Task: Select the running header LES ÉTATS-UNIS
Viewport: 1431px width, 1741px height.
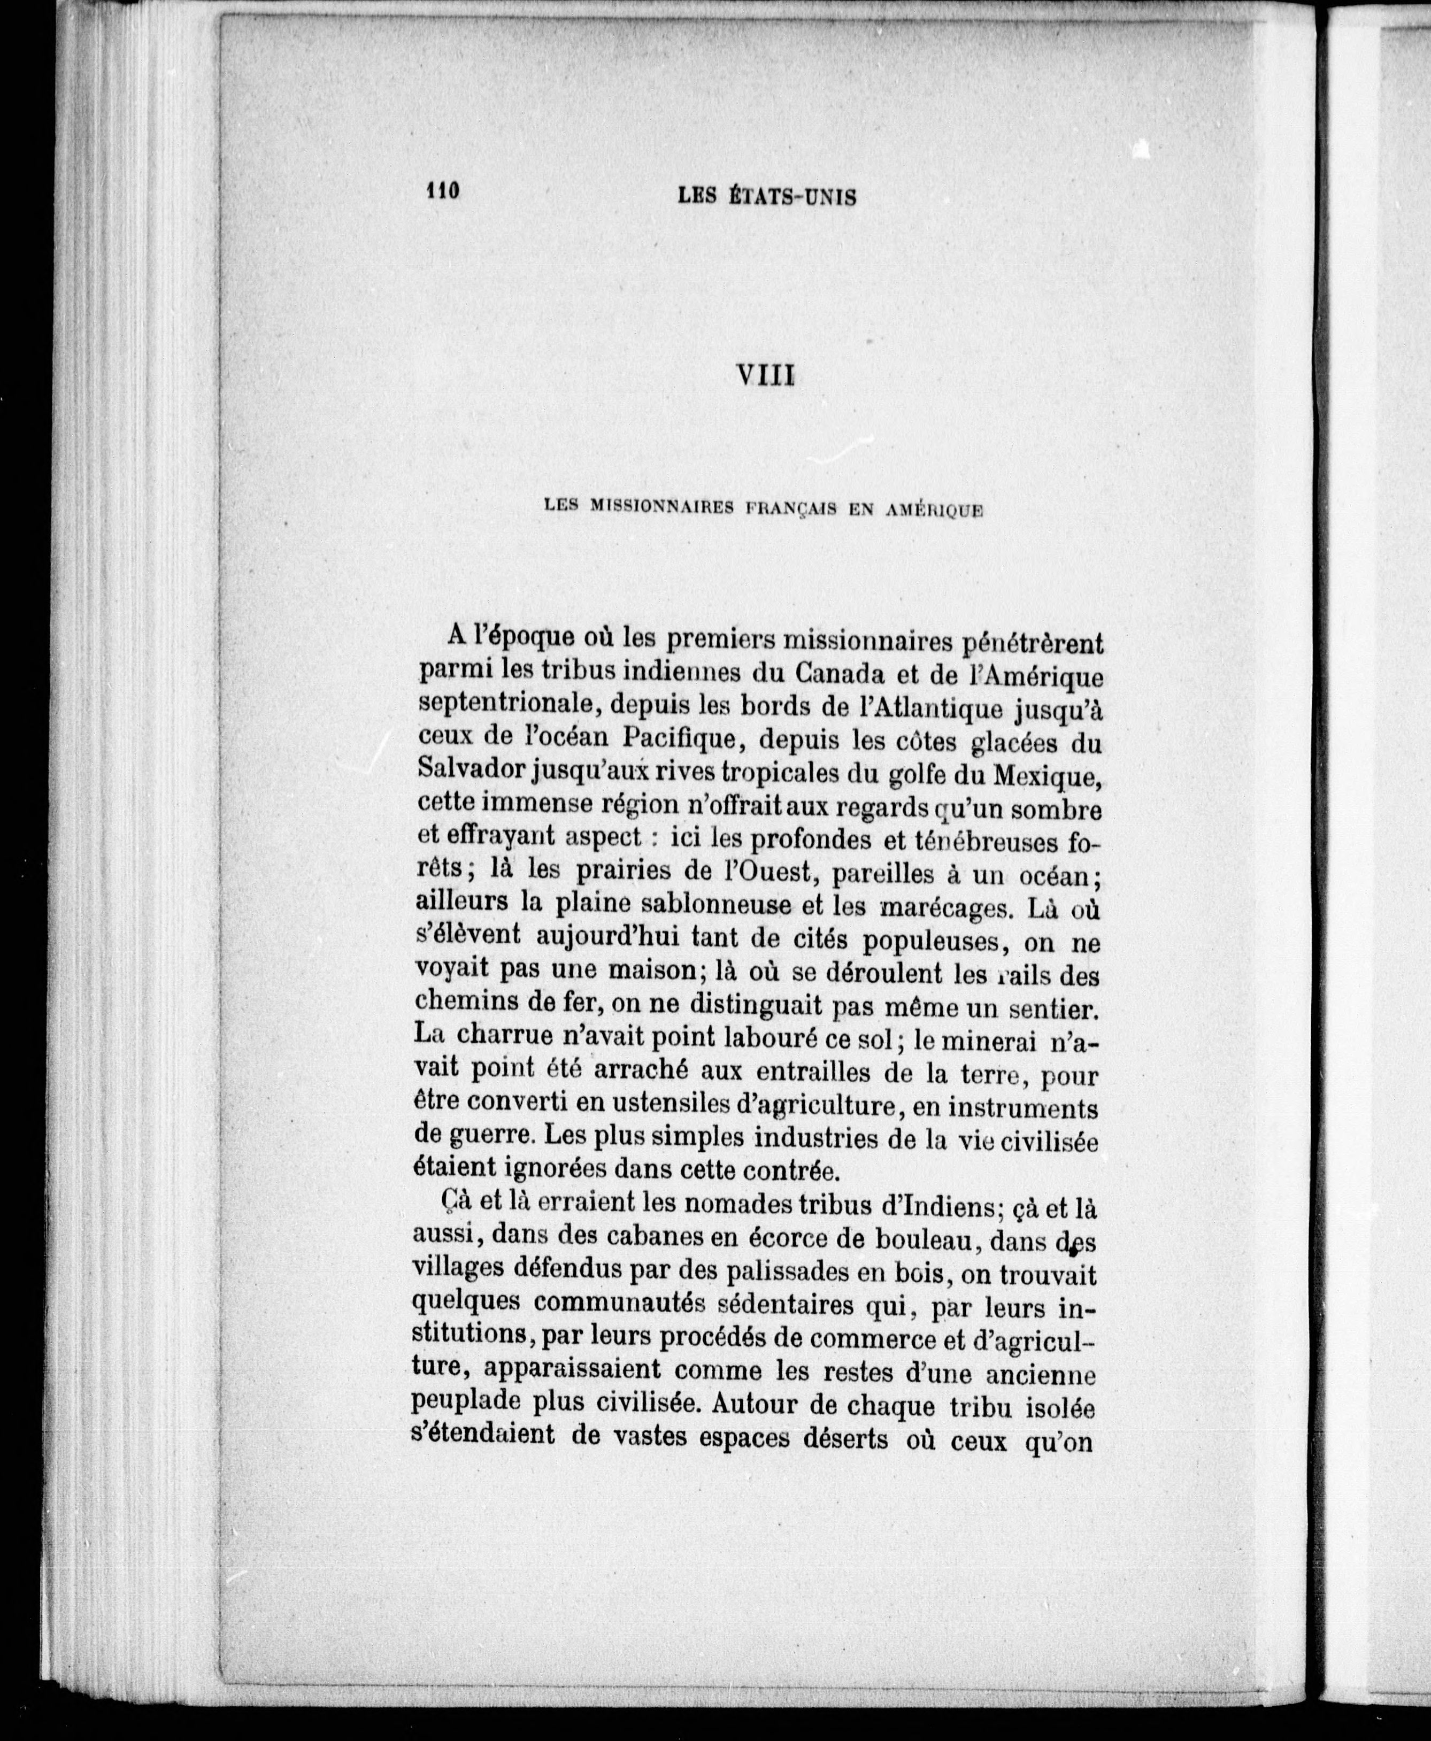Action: click(767, 196)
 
